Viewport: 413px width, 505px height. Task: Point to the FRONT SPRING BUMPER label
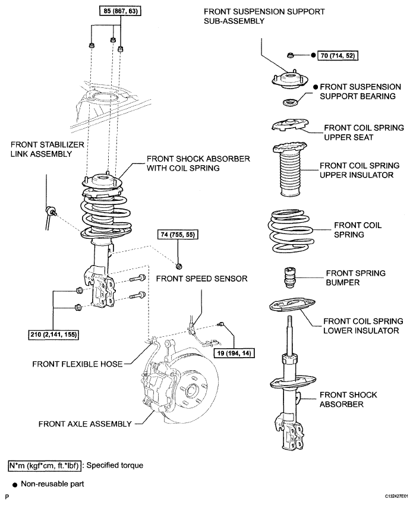click(355, 277)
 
